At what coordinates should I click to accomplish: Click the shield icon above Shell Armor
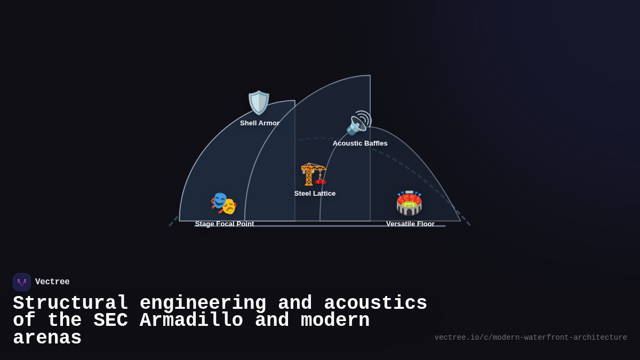pos(259,103)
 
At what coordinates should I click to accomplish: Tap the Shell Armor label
pos(260,123)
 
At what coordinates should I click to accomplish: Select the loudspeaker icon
pos(358,123)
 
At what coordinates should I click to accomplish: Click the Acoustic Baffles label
pos(360,143)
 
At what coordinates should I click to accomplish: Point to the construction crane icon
pos(314,174)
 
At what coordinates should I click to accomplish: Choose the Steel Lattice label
pos(315,194)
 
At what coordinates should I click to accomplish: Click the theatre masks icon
pos(223,203)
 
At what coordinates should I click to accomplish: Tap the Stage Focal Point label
pos(225,224)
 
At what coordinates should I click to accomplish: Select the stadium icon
pos(409,203)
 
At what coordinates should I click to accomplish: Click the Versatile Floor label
pos(410,224)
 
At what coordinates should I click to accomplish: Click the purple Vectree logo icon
pos(22,282)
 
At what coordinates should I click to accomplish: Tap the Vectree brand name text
pos(52,282)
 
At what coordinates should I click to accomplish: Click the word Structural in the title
pos(70,303)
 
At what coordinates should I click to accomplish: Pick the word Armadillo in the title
pos(191,321)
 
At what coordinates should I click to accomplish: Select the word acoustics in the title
pos(375,303)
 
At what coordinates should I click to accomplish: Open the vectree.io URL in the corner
pos(531,338)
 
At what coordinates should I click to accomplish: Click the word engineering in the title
pos(203,303)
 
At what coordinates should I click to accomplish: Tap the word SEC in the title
pos(110,321)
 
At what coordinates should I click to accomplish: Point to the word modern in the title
pos(335,321)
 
